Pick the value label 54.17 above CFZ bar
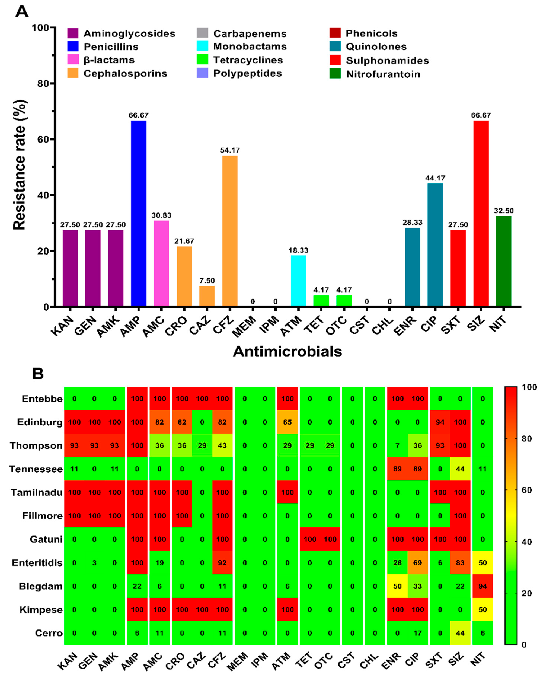230,151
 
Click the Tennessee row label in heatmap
36,469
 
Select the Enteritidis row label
37,563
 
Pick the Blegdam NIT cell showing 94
482,586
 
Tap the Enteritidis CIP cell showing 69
417,563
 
